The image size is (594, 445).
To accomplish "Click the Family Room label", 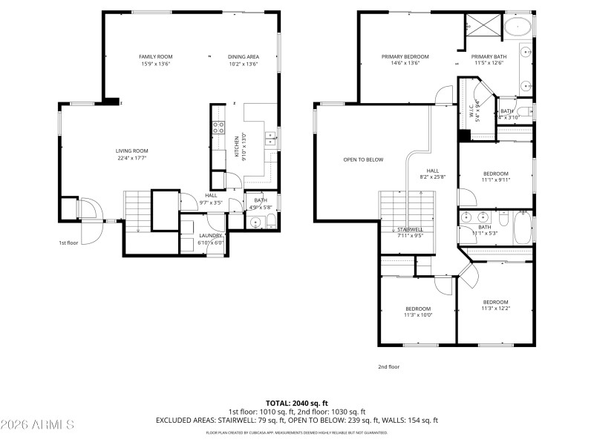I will click(155, 56).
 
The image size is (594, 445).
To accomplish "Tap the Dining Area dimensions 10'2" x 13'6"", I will click(243, 64).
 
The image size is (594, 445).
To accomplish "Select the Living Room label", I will click(131, 151).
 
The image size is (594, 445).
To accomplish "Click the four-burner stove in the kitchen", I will click(219, 127).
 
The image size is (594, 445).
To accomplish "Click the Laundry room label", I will click(212, 236).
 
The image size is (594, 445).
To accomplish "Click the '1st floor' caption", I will click(68, 243).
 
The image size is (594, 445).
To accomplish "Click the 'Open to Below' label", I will click(363, 159).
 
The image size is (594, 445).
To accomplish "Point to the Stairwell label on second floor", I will click(410, 229).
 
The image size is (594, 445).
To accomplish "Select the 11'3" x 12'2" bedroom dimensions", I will click(495, 309).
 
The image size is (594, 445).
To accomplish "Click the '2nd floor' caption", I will click(389, 366).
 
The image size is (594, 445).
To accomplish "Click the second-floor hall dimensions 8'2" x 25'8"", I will click(432, 177).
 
